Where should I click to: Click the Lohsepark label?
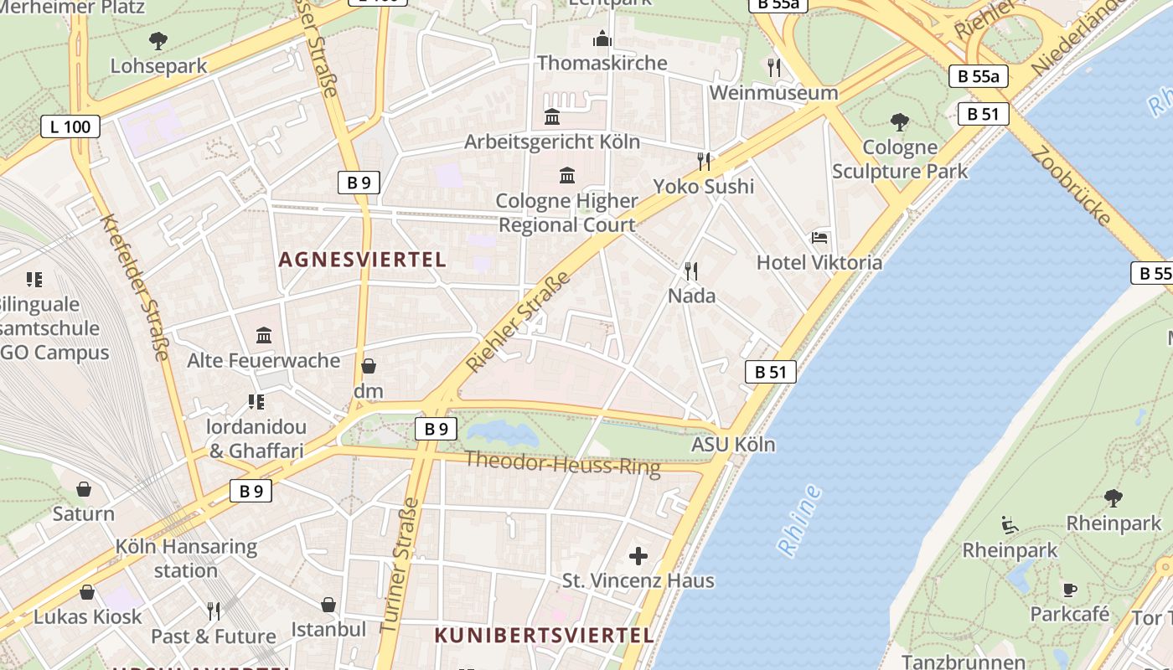pos(158,66)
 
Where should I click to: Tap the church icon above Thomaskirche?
pos(602,39)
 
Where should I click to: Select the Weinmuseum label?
pos(773,93)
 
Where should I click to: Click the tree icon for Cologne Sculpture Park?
pos(900,122)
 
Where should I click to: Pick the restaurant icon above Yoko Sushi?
pos(704,161)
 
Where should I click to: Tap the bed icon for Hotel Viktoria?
pos(819,238)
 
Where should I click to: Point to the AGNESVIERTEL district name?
pos(362,260)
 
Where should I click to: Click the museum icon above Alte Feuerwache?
pos(264,336)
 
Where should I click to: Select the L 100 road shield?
pos(70,127)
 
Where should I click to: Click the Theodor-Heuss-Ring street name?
pos(562,462)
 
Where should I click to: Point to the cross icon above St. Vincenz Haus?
pos(638,555)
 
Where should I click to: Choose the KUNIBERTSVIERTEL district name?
pos(544,635)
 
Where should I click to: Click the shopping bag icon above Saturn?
pos(84,489)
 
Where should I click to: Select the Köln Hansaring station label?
pos(186,559)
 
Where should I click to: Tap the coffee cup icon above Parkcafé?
pos(1069,590)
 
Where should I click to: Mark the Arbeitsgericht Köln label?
pos(552,142)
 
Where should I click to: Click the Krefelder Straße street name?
pos(135,287)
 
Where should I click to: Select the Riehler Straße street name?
pos(519,322)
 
